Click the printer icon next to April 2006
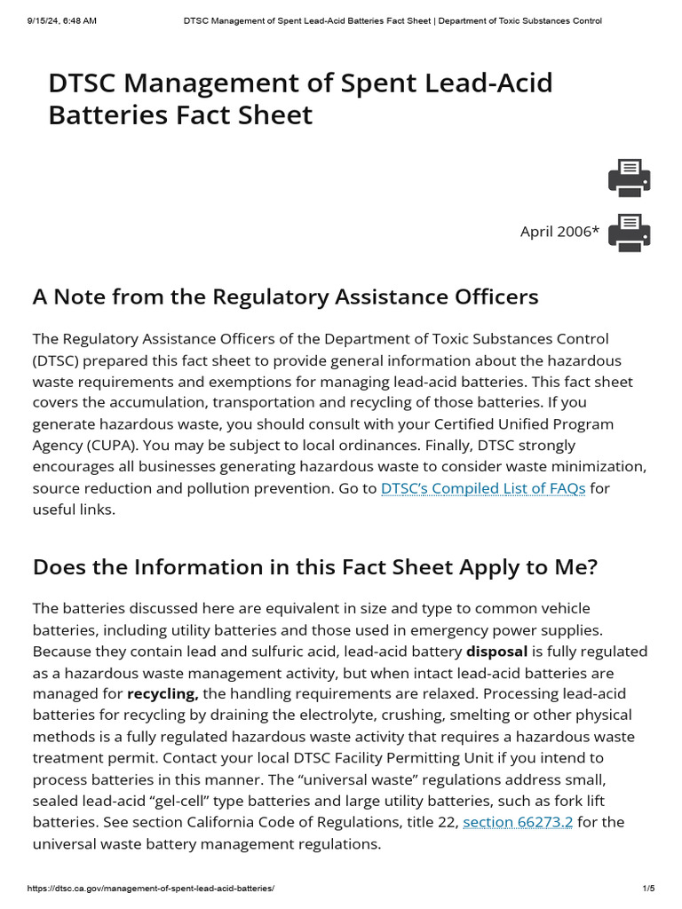point(629,233)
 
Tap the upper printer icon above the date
point(629,178)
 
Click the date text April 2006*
point(559,233)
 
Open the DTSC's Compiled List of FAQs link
point(483,488)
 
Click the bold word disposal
point(497,652)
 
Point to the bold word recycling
point(163,694)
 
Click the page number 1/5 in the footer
point(648,889)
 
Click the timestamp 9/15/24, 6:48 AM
point(53,20)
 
